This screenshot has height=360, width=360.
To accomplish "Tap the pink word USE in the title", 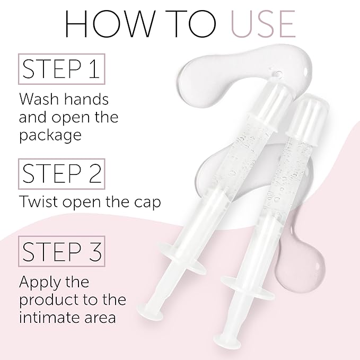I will tap(257, 23).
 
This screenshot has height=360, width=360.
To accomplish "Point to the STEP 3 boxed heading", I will tap(63, 252).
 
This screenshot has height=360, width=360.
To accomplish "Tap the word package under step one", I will tap(50, 135).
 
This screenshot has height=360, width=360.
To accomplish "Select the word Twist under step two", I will tap(38, 202).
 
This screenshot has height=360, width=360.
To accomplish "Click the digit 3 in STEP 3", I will tap(95, 252).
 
